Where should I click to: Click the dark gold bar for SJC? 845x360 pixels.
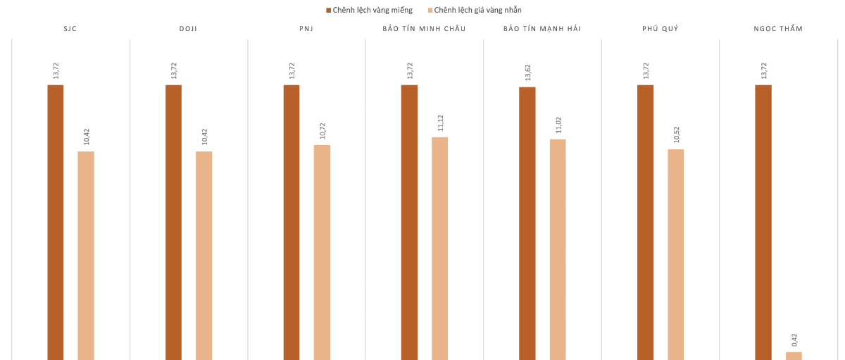[x=56, y=222]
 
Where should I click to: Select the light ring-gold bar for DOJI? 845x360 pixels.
[x=204, y=255]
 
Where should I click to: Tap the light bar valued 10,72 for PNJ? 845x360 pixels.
[x=322, y=252]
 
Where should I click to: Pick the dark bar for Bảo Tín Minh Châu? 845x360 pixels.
[x=409, y=222]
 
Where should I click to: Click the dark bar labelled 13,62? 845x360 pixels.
[x=527, y=223]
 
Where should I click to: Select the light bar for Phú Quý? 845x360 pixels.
[x=675, y=254]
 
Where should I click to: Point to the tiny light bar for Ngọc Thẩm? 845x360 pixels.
[x=794, y=356]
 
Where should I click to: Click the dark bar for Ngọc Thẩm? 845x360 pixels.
[x=763, y=222]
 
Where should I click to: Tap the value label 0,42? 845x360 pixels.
[x=794, y=340]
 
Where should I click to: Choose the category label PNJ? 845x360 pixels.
[x=306, y=29]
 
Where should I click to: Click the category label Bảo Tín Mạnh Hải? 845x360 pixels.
[x=542, y=29]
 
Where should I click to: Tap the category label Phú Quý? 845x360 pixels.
[x=660, y=29]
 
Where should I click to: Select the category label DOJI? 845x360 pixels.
[x=188, y=29]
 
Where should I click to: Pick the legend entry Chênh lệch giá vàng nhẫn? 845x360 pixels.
[x=477, y=10]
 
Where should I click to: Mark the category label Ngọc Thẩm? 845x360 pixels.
[x=778, y=29]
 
